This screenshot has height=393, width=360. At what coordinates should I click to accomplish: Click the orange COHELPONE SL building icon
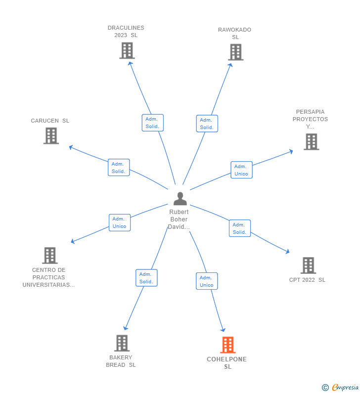pos(227,345)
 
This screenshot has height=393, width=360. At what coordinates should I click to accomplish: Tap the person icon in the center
pos(180,199)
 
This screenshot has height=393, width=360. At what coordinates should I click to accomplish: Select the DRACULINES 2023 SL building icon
pos(127,50)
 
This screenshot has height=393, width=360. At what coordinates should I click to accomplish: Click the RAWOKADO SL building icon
pos(235,52)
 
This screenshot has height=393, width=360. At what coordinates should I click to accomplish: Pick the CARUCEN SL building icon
pos(51,135)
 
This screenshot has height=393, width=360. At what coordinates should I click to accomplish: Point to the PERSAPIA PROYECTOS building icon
pos(311,142)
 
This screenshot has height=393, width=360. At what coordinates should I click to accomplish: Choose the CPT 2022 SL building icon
pos(308,265)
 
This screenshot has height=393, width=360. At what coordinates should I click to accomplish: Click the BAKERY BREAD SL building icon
pos(122,343)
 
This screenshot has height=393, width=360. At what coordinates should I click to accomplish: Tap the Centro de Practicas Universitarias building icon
pos(49,256)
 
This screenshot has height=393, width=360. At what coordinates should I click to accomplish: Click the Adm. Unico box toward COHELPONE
pos(207,281)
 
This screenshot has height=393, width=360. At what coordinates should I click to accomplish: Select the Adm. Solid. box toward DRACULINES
pos(152,123)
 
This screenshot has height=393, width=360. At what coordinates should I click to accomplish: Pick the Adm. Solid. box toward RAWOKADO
pos(207,124)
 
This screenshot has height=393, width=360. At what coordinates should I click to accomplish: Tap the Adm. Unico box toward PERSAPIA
pos(241,170)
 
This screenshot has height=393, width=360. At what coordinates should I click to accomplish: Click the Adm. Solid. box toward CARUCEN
pos(119,168)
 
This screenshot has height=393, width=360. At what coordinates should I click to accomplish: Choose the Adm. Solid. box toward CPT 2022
pos(240,228)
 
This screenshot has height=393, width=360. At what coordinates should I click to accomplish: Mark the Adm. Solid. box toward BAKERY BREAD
pos(146,278)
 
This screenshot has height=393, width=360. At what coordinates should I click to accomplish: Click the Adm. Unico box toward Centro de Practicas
pos(120,222)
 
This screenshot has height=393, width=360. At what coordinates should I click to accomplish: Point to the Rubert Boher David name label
pos(179,219)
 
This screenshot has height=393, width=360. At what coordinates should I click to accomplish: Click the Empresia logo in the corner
pos(340,387)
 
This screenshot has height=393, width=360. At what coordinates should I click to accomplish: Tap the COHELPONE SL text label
pos(227,363)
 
